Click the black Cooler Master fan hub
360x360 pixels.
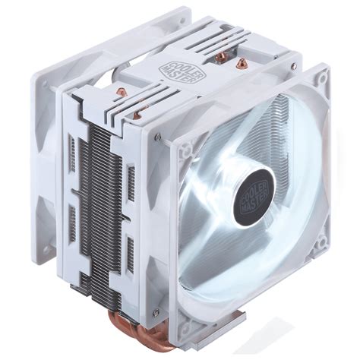click(254, 198)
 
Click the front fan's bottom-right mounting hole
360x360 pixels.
click(321, 242)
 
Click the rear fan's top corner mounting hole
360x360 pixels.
click(181, 21)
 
